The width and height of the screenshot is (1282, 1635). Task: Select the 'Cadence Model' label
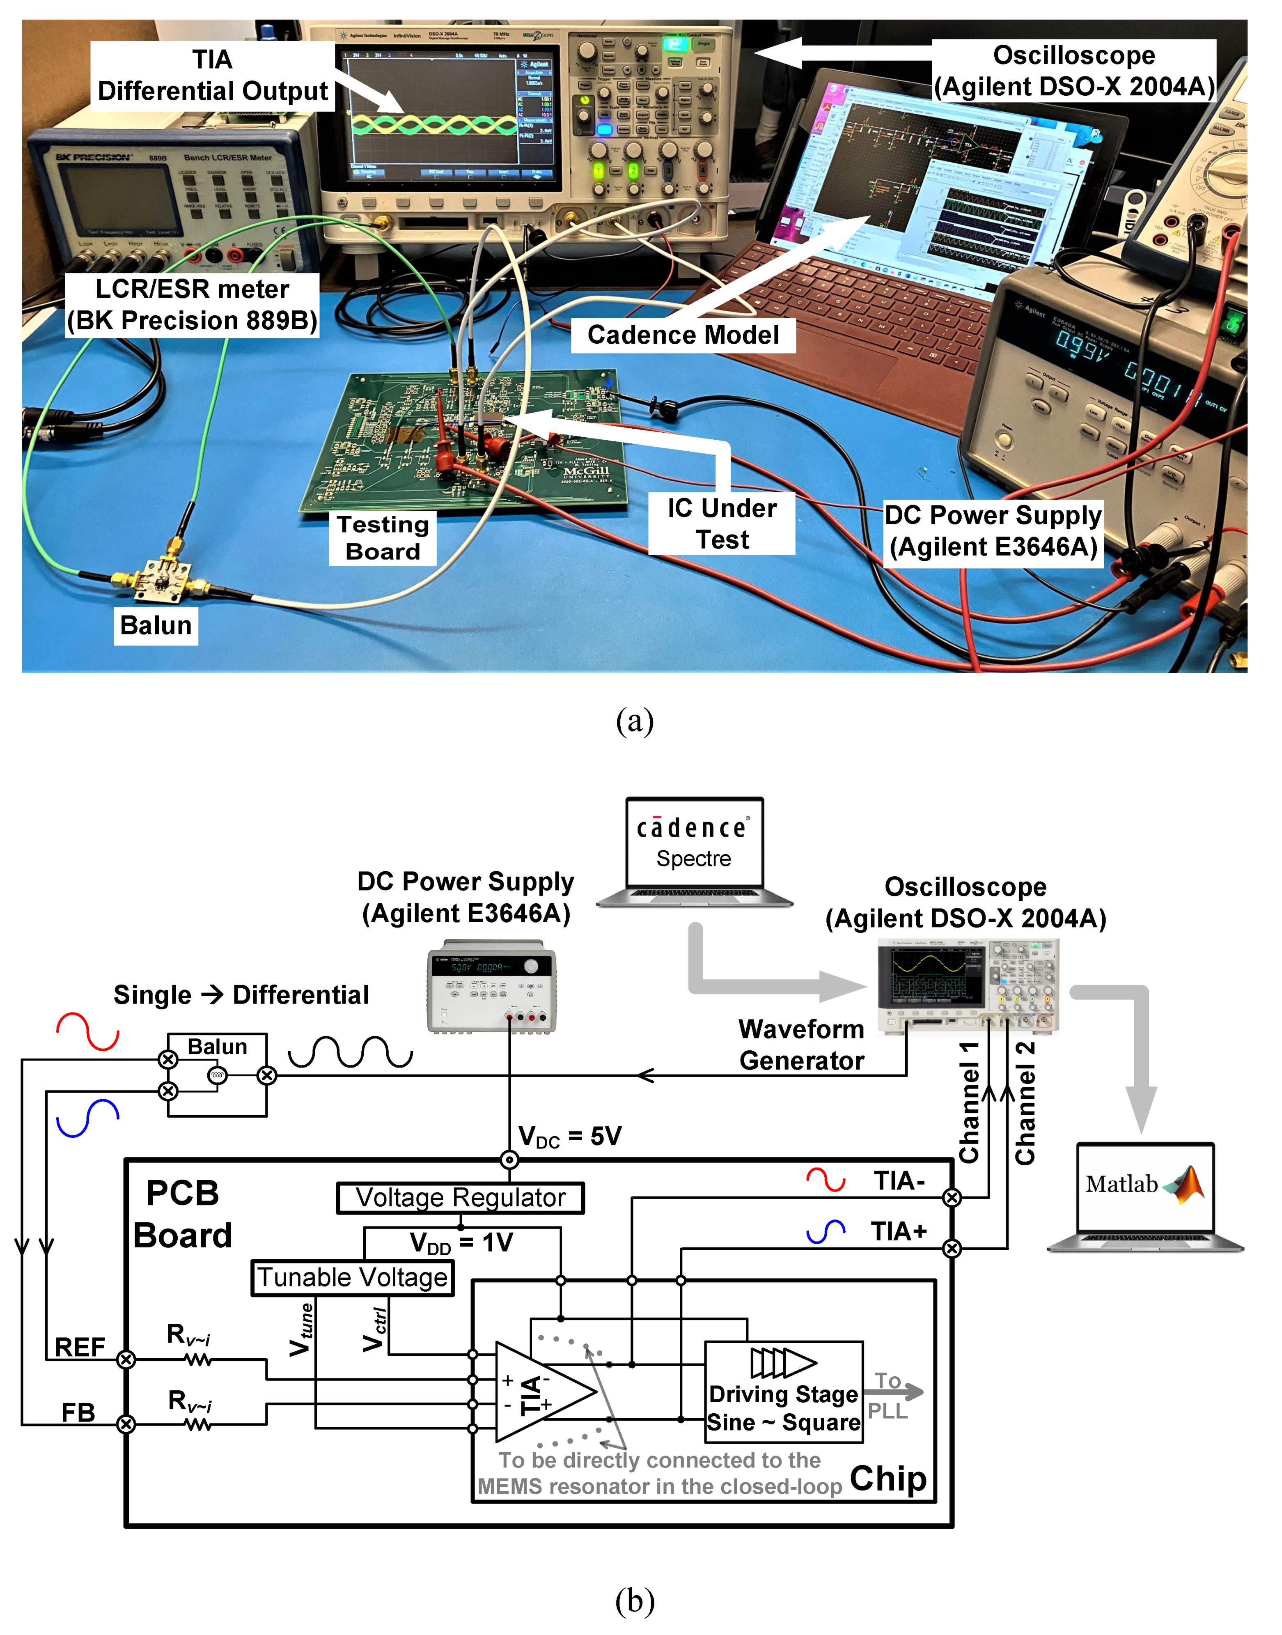click(x=683, y=335)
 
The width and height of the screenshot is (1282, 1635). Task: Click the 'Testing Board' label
click(x=383, y=537)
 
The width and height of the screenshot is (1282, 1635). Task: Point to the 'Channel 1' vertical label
click(x=969, y=1102)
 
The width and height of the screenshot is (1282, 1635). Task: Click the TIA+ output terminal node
click(x=952, y=1248)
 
